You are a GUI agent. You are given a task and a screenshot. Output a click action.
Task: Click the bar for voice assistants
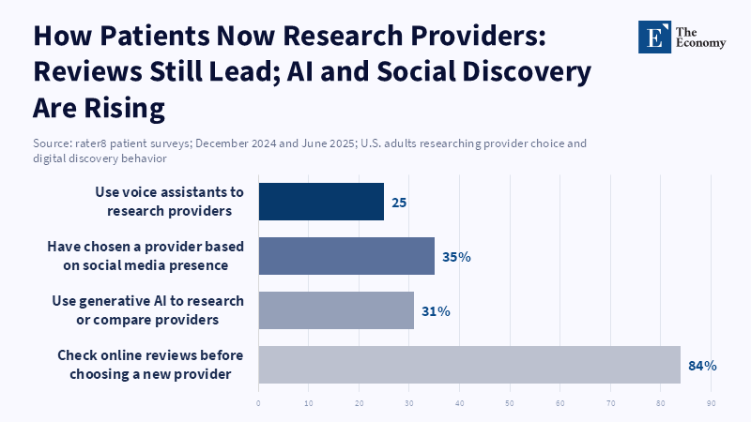321,202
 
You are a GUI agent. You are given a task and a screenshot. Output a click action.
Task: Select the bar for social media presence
346,256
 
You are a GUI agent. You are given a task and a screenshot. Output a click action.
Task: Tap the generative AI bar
336,310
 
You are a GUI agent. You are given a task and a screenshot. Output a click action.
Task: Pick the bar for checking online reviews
468,365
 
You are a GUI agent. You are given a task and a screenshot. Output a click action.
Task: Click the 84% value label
702,366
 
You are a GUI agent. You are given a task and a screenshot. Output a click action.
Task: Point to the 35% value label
456,256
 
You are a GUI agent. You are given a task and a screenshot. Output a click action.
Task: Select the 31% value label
436,310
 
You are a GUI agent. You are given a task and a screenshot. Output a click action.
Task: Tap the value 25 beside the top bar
399,203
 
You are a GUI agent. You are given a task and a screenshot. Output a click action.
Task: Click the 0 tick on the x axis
258,404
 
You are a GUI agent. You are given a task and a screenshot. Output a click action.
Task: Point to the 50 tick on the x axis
510,404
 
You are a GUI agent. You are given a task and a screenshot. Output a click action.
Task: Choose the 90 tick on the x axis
712,404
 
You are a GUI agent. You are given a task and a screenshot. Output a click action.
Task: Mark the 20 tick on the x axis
359,404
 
